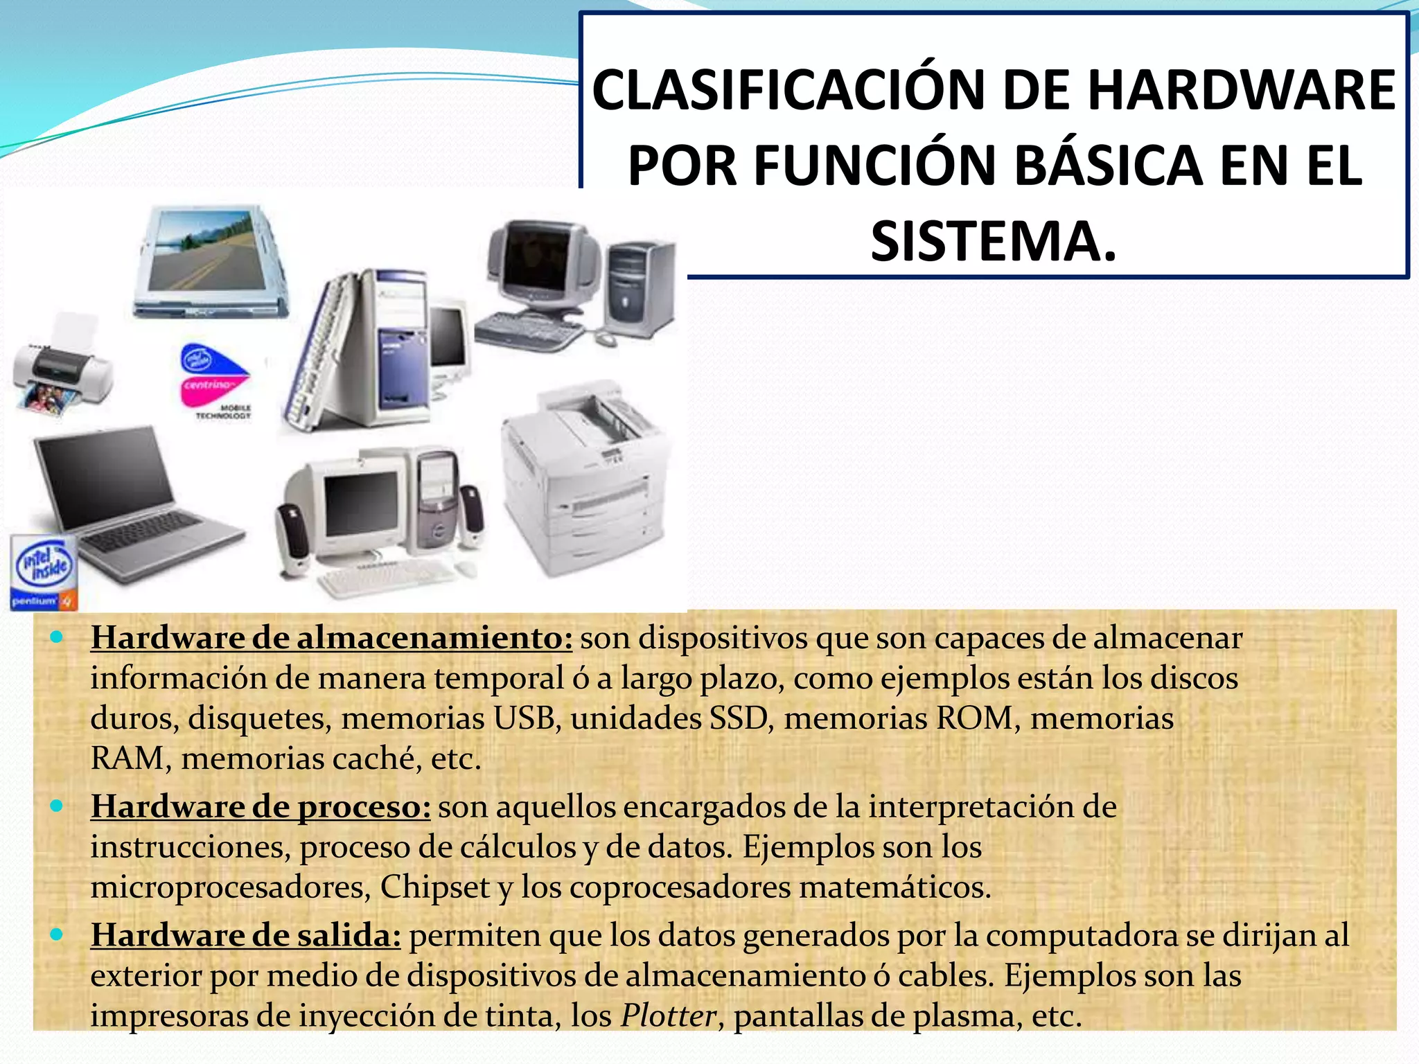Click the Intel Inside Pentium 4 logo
point(43,572)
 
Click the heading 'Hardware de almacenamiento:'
point(331,638)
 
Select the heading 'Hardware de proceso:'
point(261,807)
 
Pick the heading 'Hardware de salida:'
point(245,936)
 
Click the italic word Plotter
point(668,1016)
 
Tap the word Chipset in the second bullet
point(435,887)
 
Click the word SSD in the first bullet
point(741,718)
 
